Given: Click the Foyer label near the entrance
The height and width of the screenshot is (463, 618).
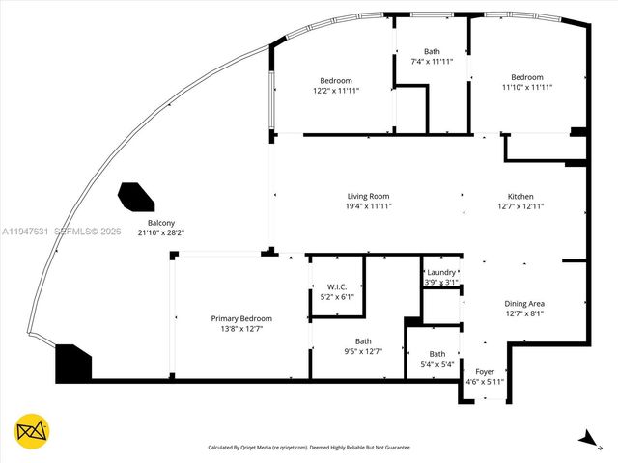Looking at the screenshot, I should pos(485,371).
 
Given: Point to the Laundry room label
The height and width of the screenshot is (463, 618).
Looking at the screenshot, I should pos(440,272).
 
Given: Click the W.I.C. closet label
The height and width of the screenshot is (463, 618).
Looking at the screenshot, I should pos(337,286).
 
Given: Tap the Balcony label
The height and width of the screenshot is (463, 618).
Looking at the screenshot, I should pos(160,222).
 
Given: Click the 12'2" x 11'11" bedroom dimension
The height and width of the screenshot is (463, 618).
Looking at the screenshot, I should pos(336,91).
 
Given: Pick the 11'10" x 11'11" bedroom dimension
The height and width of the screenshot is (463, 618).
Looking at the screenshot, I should pos(527,88).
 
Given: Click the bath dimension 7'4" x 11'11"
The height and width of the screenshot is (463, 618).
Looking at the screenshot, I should pos(432,62).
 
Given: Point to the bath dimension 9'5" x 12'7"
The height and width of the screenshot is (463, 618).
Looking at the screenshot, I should pos(362,351).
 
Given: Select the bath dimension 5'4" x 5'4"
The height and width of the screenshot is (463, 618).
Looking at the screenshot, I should pos(437,364).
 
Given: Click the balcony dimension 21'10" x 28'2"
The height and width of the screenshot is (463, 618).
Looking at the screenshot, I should pos(160,232).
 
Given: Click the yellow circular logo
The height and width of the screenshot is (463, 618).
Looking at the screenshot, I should pos(33,430).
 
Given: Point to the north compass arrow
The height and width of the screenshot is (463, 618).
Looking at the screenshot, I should pos(585,438).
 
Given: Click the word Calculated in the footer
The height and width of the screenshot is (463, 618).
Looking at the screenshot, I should pos(226,448).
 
